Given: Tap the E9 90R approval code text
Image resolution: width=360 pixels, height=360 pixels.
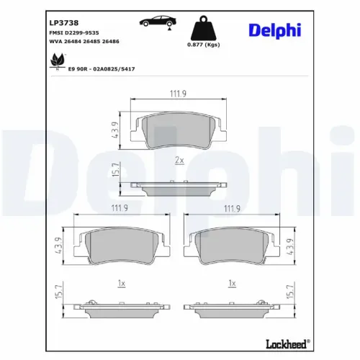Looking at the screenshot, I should (101, 68).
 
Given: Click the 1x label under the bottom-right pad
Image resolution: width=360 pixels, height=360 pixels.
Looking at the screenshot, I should (232, 284).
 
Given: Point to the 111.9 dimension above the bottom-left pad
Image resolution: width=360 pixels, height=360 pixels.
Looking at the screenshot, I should (120, 209).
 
